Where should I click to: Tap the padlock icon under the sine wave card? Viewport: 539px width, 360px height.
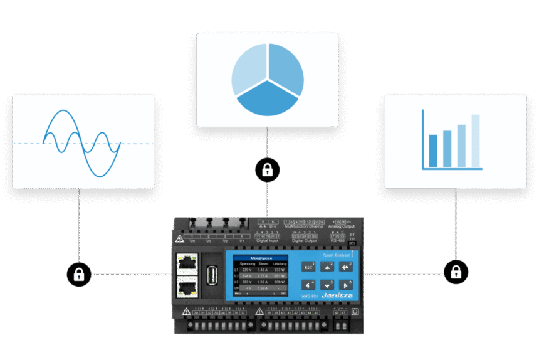[79, 273]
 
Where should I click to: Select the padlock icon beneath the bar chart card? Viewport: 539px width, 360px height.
[456, 272]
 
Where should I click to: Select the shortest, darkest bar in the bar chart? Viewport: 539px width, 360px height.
[433, 151]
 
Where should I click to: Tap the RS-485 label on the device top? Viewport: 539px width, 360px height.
[338, 240]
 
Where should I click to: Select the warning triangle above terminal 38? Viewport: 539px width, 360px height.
[258, 311]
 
